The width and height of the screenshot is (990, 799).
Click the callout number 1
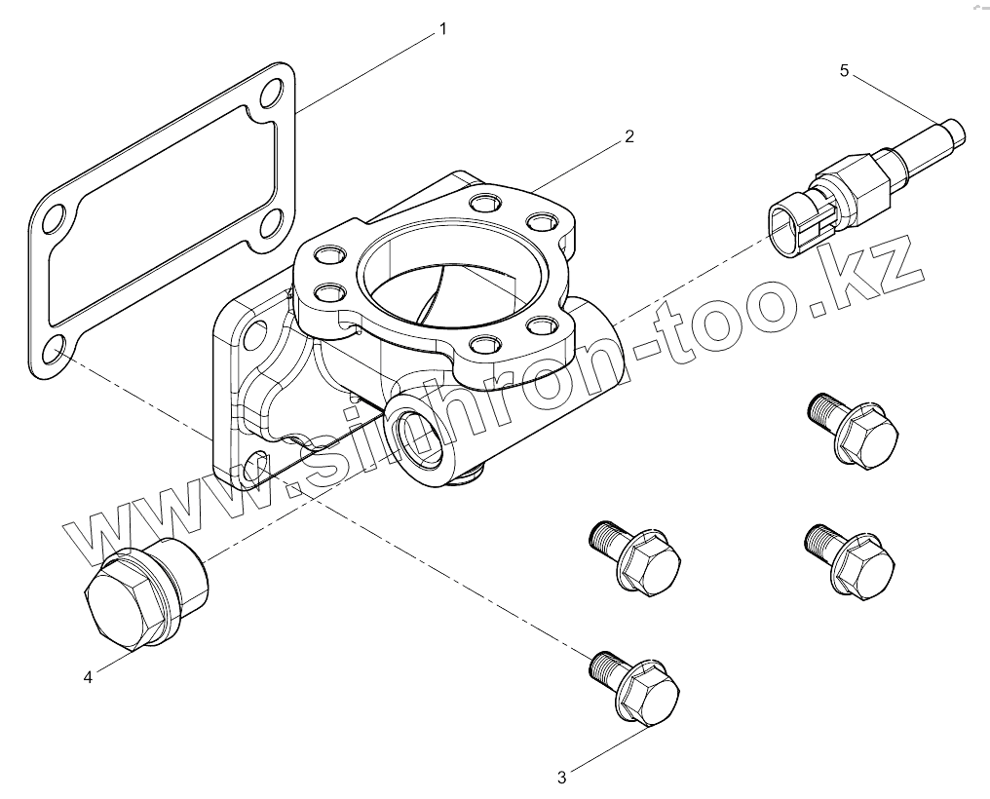point(443,29)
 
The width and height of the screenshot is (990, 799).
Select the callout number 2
point(629,136)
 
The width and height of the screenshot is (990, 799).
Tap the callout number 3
point(562,777)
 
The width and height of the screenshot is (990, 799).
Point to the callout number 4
point(88,677)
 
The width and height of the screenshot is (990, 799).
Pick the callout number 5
point(845,70)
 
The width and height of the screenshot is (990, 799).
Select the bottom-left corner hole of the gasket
point(56,348)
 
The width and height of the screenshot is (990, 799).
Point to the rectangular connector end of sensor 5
point(791,223)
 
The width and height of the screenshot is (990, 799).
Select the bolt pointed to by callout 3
point(638,689)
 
